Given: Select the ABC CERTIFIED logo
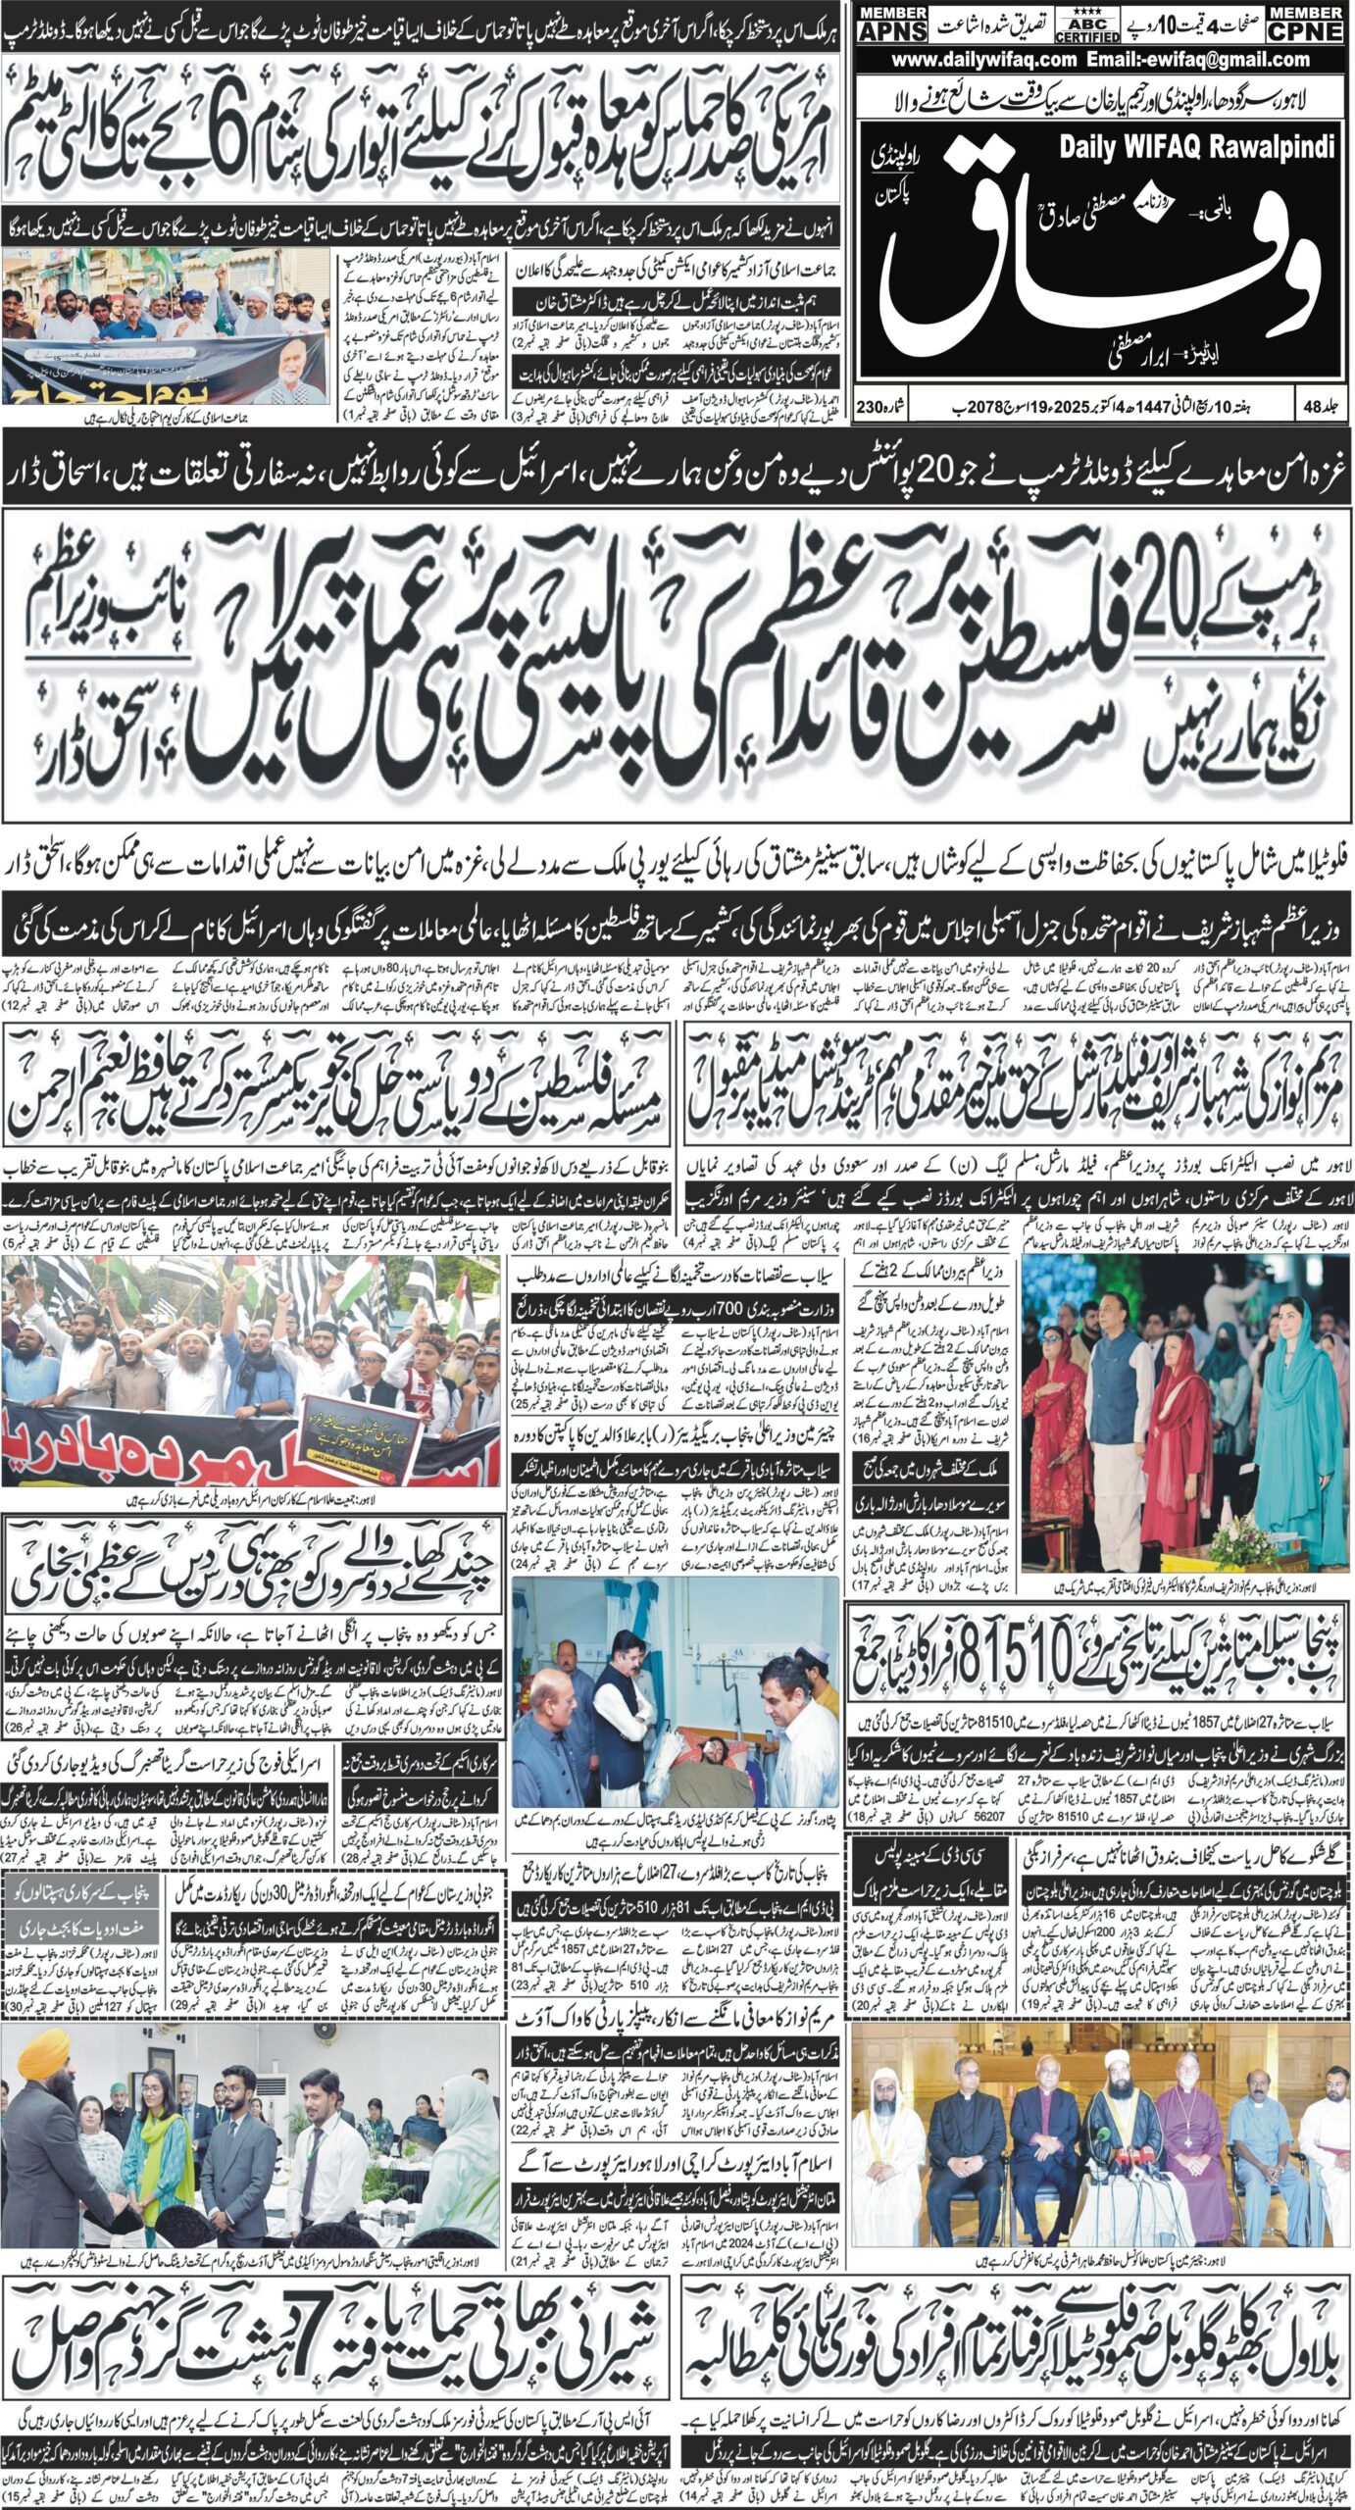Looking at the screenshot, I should point(1086,25).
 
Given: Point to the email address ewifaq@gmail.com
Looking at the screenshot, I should point(1225,60).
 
